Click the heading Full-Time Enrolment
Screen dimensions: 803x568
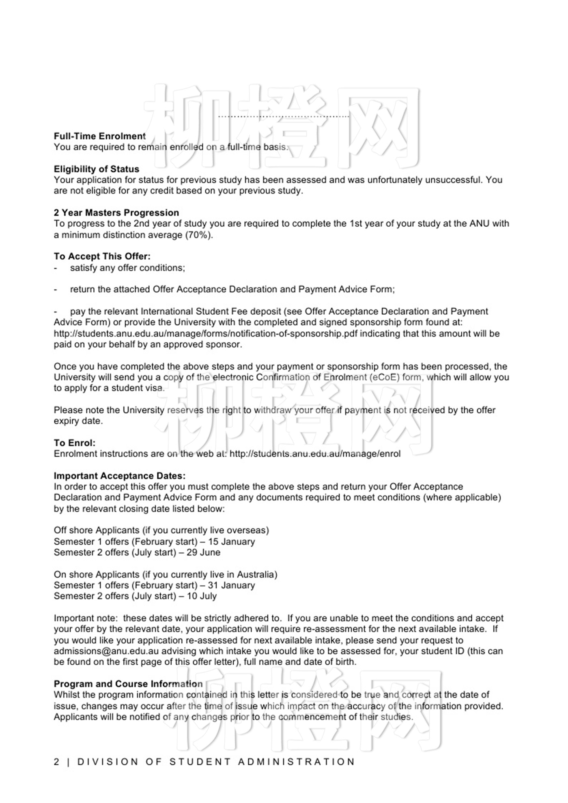(x=99, y=136)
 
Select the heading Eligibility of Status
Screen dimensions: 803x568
(x=96, y=169)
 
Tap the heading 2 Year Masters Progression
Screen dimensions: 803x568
(x=116, y=213)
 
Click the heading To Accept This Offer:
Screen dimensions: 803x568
(x=102, y=256)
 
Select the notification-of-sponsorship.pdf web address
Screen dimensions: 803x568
(x=207, y=333)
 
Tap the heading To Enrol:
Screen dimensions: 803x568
(x=75, y=443)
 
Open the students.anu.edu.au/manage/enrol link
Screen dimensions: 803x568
(x=315, y=454)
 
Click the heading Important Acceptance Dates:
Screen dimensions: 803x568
(x=120, y=476)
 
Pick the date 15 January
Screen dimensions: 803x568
(x=231, y=541)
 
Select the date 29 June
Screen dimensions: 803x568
(x=203, y=552)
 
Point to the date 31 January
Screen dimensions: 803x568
(x=231, y=585)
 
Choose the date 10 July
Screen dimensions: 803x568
(x=202, y=596)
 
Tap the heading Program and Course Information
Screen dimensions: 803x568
(x=128, y=684)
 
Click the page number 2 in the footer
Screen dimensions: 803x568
(x=56, y=762)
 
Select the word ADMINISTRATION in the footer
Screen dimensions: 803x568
(x=297, y=762)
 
